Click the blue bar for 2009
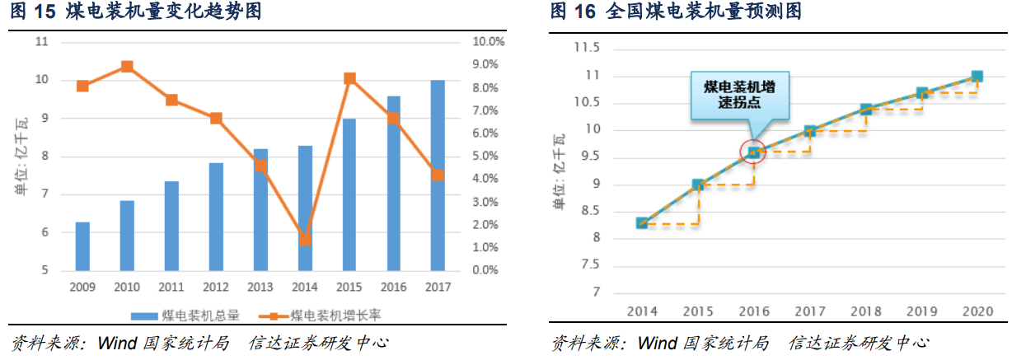click(x=82, y=246)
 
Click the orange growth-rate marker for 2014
click(x=305, y=240)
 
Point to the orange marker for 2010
click(x=127, y=66)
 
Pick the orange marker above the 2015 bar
click(x=349, y=78)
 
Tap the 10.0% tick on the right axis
click(x=489, y=41)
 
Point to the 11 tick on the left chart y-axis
click(x=43, y=41)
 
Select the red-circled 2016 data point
click(x=753, y=152)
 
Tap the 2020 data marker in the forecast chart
click(x=977, y=76)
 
